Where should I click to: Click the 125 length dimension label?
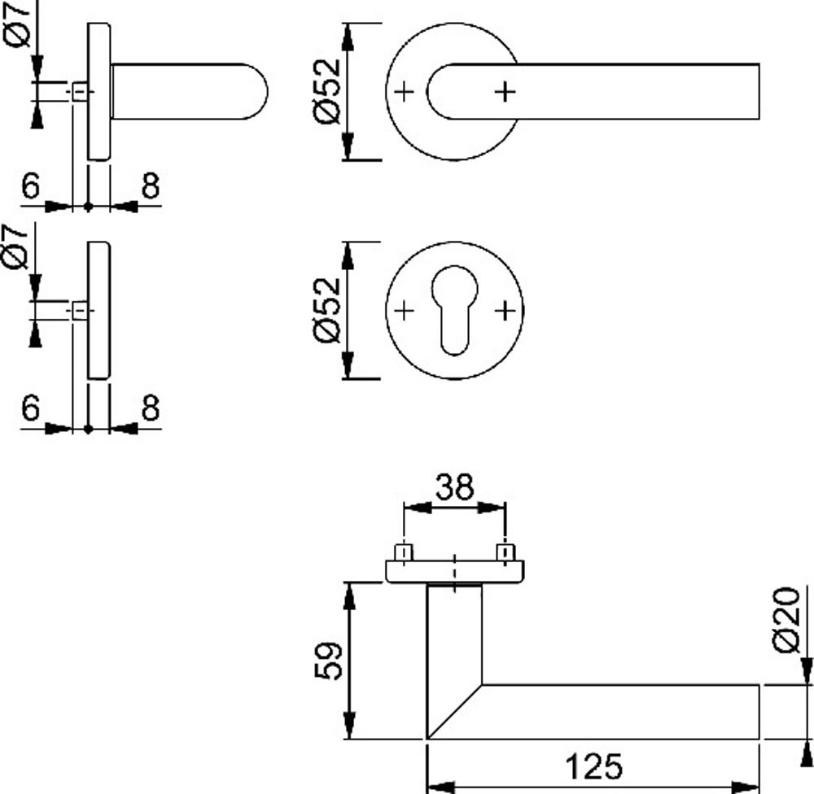pyautogui.click(x=593, y=766)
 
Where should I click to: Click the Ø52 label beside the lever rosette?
pyautogui.click(x=326, y=92)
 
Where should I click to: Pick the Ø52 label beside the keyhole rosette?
pyautogui.click(x=326, y=310)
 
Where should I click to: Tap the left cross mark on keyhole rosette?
pyautogui.click(x=404, y=310)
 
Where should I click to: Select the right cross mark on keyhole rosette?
pyautogui.click(x=505, y=310)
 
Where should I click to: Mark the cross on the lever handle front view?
pyautogui.click(x=505, y=92)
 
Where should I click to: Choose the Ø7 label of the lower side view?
pyautogui.click(x=20, y=246)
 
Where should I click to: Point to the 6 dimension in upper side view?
pyautogui.click(x=30, y=186)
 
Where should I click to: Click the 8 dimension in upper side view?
pyautogui.click(x=150, y=186)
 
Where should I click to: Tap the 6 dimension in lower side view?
pyautogui.click(x=30, y=408)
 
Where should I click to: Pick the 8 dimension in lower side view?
pyautogui.click(x=150, y=408)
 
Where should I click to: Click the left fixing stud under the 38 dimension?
pyautogui.click(x=403, y=554)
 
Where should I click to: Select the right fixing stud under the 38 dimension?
pyautogui.click(x=506, y=554)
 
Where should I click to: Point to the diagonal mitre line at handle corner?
pyautogui.click(x=454, y=712)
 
